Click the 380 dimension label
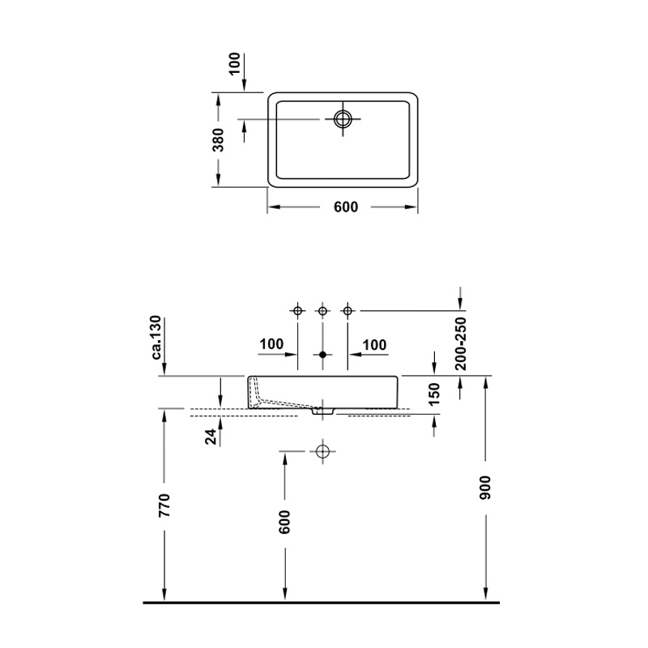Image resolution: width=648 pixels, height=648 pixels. click(219, 139)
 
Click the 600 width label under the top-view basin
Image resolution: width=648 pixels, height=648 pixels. click(346, 207)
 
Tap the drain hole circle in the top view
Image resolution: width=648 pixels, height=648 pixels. click(343, 119)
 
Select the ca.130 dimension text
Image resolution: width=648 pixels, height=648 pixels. click(156, 337)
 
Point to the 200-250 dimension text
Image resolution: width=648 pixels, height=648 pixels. click(460, 343)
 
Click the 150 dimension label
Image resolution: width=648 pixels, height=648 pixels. click(434, 394)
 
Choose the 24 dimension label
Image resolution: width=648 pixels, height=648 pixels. click(211, 437)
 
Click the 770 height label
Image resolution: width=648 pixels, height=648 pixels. click(164, 505)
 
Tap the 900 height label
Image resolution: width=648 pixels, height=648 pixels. click(485, 488)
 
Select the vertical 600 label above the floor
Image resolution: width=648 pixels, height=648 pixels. click(284, 522)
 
